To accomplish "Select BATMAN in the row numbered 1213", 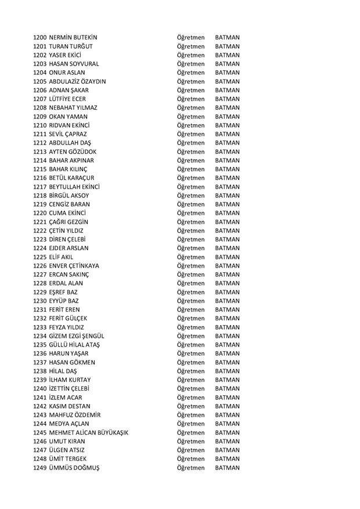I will (x=227, y=151).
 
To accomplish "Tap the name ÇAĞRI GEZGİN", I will (x=73, y=222).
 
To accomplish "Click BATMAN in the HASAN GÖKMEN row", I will (x=227, y=362).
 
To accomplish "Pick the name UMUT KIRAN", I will (x=71, y=441).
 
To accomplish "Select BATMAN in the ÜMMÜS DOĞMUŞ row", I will (x=227, y=467).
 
